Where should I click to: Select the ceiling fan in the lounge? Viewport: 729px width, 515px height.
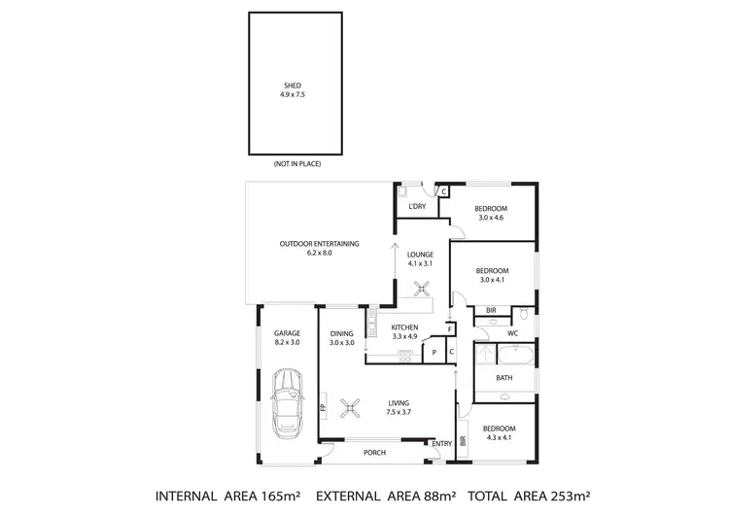pyautogui.click(x=421, y=287)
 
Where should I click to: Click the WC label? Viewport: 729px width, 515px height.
pyautogui.click(x=513, y=333)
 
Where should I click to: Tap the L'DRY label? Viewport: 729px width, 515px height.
pyautogui.click(x=418, y=207)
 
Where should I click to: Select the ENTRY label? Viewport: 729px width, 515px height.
pyautogui.click(x=442, y=444)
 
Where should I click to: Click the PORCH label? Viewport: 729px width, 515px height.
pyautogui.click(x=374, y=453)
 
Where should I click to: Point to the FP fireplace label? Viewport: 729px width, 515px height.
pyautogui.click(x=323, y=407)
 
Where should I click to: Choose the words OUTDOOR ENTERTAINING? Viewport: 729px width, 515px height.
pyautogui.click(x=320, y=243)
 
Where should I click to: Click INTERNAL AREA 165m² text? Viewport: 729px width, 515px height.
pyautogui.click(x=228, y=497)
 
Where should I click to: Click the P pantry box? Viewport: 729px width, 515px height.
pyautogui.click(x=434, y=353)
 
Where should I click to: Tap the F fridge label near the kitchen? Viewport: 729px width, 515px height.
pyautogui.click(x=449, y=330)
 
